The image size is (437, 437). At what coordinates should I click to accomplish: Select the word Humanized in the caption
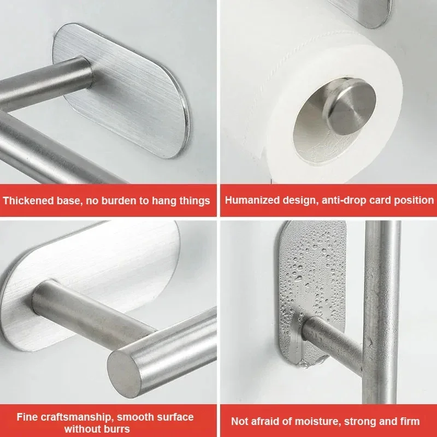click(252, 200)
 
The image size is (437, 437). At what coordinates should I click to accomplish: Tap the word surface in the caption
click(175, 417)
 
